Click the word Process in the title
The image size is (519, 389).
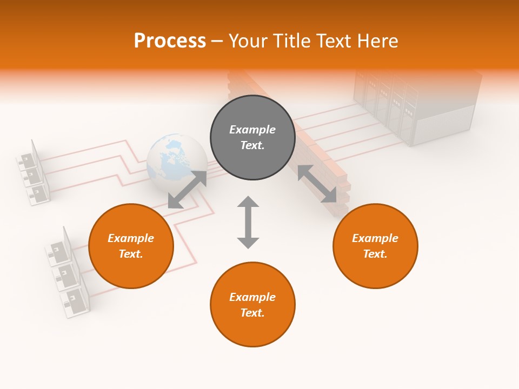[x=170, y=41]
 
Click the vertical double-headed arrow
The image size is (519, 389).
[x=248, y=222]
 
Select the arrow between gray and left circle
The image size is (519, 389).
[x=187, y=190]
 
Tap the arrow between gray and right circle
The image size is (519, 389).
[x=317, y=184]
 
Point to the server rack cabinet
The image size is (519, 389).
[x=416, y=105]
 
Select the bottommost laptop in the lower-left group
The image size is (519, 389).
[x=76, y=300]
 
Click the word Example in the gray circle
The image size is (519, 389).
[x=252, y=130]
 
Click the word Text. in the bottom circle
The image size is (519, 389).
[x=252, y=313]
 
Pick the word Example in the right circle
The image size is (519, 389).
[x=375, y=238]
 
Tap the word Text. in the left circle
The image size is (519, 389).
[x=131, y=254]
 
